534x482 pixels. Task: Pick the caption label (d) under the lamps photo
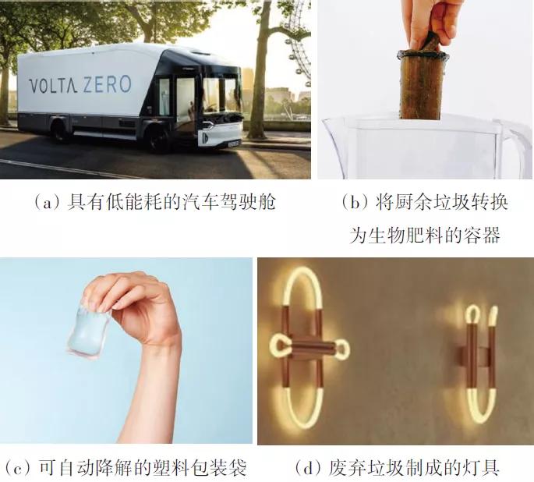pyautogui.click(x=309, y=468)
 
